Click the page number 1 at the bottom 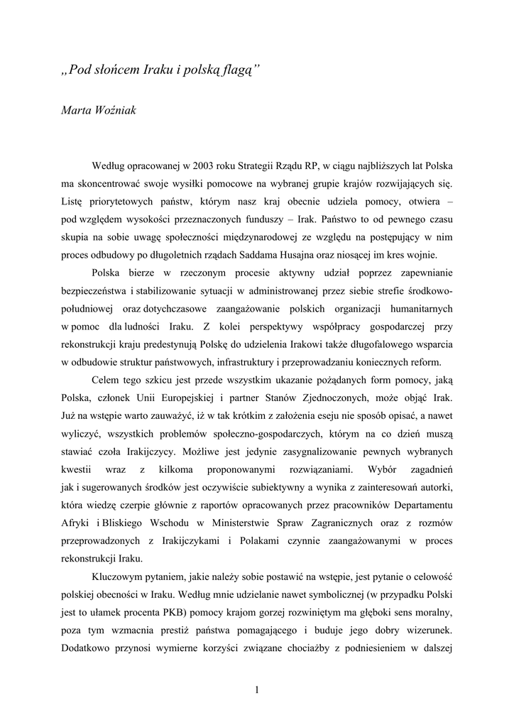coord(257,689)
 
